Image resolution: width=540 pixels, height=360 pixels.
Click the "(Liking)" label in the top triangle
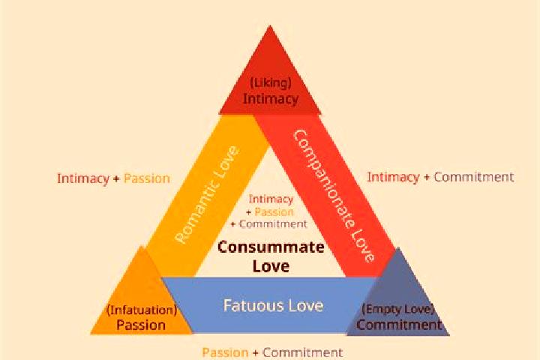[270, 83]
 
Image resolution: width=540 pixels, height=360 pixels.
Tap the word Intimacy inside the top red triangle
[271, 99]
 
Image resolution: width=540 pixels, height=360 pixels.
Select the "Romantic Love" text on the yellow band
[207, 195]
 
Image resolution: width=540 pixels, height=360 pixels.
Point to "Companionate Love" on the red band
[333, 196]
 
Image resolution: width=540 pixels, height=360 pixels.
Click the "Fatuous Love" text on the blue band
[274, 305]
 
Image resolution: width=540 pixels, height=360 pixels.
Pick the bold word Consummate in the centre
[271, 247]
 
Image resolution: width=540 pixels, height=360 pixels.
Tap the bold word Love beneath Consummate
[271, 266]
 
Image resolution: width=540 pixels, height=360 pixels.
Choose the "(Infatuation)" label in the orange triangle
[142, 310]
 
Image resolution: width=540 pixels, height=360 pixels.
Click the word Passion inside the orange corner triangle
[141, 325]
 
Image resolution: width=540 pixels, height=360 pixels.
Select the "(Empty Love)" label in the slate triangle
[397, 309]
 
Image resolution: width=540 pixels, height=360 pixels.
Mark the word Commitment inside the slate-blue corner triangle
[399, 325]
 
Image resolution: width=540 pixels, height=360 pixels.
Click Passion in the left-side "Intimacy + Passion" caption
[147, 178]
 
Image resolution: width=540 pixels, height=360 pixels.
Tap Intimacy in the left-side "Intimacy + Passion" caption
[83, 178]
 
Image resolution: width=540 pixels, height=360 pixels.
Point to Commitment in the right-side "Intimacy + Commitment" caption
[473, 177]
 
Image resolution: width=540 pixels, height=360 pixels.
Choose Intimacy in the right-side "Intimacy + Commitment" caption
[393, 177]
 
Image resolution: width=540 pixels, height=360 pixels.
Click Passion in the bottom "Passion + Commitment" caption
[225, 352]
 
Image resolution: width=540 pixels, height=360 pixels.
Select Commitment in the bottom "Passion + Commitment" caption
[302, 352]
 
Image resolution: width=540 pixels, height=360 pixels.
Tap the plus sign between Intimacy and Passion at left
[116, 179]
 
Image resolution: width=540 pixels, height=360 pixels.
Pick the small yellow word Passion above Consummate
[274, 211]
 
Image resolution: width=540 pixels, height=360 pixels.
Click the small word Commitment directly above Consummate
[273, 224]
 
